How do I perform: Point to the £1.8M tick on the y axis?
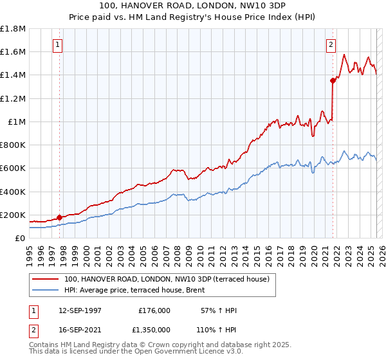pos(13,29)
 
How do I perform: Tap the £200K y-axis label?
pos(13,215)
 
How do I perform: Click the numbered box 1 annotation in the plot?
pos(58,45)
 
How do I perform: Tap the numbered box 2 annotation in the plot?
pos(331,45)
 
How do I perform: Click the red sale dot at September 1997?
pos(60,217)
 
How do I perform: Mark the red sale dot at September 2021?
pos(333,81)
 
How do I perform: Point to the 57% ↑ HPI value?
pos(217,310)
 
